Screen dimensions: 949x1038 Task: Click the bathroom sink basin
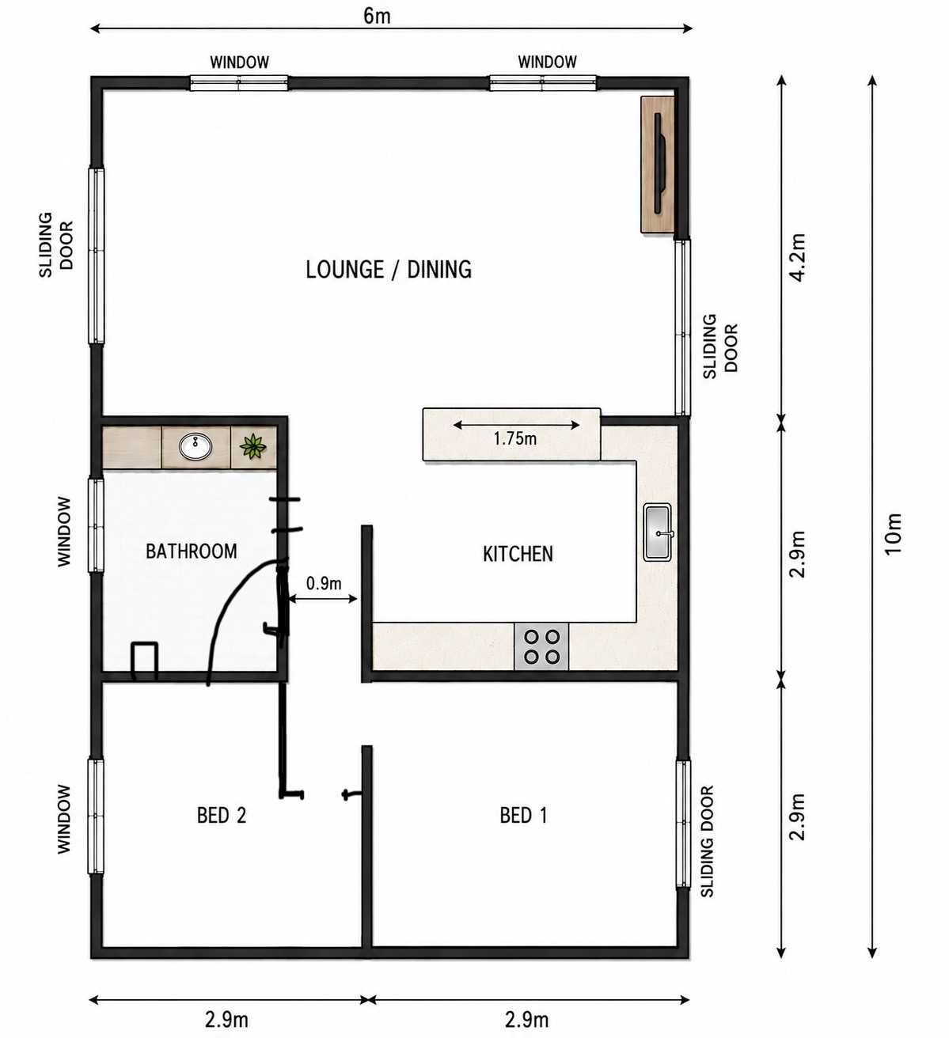point(195,447)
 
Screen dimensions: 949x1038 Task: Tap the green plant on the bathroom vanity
point(252,446)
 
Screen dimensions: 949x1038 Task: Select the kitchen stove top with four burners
point(541,646)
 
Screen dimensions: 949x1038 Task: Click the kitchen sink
point(658,532)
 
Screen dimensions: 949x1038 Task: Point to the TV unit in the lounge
point(658,165)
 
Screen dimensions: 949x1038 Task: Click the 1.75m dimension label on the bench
point(514,439)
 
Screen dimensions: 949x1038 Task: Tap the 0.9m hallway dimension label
point(324,584)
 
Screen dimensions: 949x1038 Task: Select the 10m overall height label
point(893,534)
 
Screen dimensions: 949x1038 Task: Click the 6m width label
point(377,16)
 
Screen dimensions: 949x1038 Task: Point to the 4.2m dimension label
point(798,258)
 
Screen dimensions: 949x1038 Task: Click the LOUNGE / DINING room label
point(389,270)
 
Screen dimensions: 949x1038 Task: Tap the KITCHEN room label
point(518,554)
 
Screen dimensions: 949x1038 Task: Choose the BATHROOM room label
point(191,551)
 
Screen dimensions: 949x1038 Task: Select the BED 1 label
point(523,816)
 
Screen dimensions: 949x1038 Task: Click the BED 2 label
point(221,816)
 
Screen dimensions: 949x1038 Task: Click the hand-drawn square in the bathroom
point(145,661)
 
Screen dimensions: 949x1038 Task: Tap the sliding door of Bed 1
point(683,824)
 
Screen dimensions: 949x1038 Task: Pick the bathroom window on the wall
point(96,525)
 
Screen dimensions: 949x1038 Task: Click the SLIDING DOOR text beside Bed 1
point(707,841)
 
